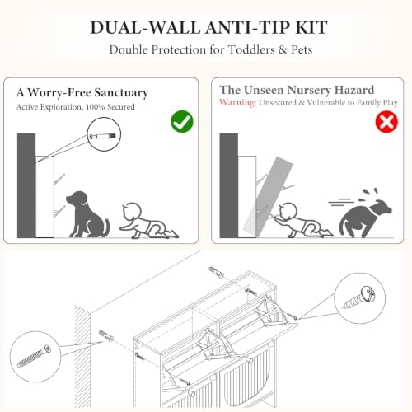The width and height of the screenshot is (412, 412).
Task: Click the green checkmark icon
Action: pos(182,121)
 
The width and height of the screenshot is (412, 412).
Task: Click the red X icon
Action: pos(386,122)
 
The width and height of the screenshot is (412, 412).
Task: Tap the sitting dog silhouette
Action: pos(87,214)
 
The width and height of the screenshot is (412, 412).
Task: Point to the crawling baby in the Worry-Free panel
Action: pos(148,221)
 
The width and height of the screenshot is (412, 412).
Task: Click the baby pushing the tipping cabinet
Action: pos(302,221)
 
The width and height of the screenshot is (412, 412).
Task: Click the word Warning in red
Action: pos(238,102)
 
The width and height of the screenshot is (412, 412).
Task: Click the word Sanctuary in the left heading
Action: pos(121,93)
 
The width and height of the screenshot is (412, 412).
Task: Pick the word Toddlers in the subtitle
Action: pos(251,49)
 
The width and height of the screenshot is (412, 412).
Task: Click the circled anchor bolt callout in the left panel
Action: pos(104,134)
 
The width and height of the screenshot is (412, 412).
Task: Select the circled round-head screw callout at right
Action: pos(360,298)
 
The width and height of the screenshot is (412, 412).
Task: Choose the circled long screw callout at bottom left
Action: pos(35,356)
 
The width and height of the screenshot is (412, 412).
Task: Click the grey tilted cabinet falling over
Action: pos(268,197)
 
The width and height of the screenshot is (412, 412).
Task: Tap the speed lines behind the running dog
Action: pos(340,202)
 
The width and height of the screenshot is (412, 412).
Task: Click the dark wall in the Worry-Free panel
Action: pos(26,185)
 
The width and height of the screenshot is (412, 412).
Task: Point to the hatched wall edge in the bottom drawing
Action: pos(82,357)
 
